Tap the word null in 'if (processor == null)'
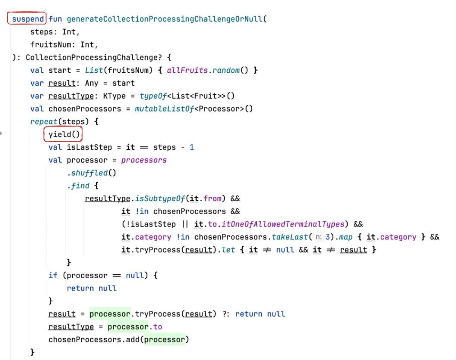135,275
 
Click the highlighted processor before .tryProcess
110,314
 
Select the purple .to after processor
157,327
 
